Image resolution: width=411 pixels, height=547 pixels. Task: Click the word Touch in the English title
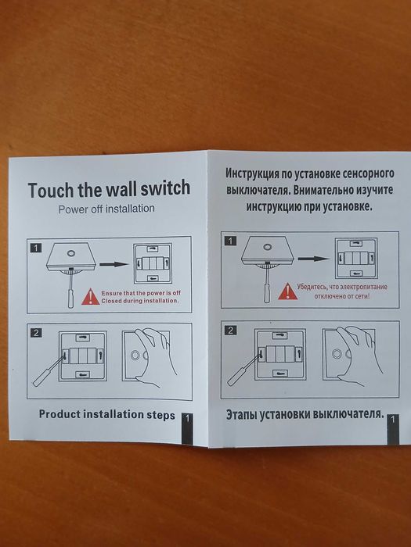(52, 190)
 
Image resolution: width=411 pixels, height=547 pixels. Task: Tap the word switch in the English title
(165, 188)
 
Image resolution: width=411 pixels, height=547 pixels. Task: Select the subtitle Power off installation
(106, 209)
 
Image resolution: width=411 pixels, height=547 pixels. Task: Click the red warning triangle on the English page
(91, 296)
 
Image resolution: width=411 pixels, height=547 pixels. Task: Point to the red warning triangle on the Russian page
(287, 291)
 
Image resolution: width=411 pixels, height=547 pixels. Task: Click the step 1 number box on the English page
(36, 248)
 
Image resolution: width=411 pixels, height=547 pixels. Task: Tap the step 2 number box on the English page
(36, 333)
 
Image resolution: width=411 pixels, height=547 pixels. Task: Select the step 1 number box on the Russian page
(230, 241)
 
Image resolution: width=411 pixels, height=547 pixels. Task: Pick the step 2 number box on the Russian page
(230, 330)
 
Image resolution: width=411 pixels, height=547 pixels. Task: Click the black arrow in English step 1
(114, 264)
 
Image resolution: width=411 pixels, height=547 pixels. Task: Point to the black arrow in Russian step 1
(313, 259)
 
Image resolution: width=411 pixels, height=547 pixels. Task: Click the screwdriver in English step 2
(49, 371)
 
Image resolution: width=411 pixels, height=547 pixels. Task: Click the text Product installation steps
(107, 415)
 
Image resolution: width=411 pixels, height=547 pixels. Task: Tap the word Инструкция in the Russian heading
(251, 173)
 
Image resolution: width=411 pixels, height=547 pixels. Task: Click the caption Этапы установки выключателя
(305, 414)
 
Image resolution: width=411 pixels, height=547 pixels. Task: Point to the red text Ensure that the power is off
(141, 293)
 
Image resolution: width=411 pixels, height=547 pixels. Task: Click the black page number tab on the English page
(187, 429)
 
